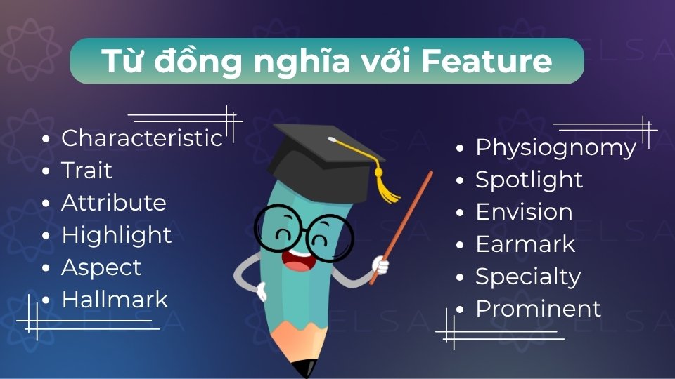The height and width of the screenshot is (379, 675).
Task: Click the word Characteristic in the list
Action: [141, 138]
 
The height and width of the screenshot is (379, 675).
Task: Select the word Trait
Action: [86, 171]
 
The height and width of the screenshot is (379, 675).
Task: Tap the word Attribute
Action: [113, 203]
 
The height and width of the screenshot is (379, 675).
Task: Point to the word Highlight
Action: [116, 235]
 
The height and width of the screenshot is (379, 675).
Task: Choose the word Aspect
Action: [101, 267]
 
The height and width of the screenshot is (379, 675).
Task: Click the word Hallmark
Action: [115, 300]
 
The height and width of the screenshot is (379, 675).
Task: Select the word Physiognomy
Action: [555, 148]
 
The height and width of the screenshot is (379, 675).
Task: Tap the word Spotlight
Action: [529, 180]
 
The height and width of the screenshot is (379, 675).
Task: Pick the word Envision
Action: [524, 212]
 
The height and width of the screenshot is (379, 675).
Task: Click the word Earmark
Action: [525, 244]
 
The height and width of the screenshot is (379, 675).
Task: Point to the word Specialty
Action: [527, 277]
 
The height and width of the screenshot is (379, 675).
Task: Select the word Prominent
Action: [538, 309]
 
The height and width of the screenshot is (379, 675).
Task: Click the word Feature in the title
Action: [487, 61]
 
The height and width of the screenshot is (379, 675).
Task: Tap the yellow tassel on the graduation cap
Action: [384, 186]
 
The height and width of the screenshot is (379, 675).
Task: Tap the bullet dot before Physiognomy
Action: [460, 149]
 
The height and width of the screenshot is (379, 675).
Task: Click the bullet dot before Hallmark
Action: [46, 300]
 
